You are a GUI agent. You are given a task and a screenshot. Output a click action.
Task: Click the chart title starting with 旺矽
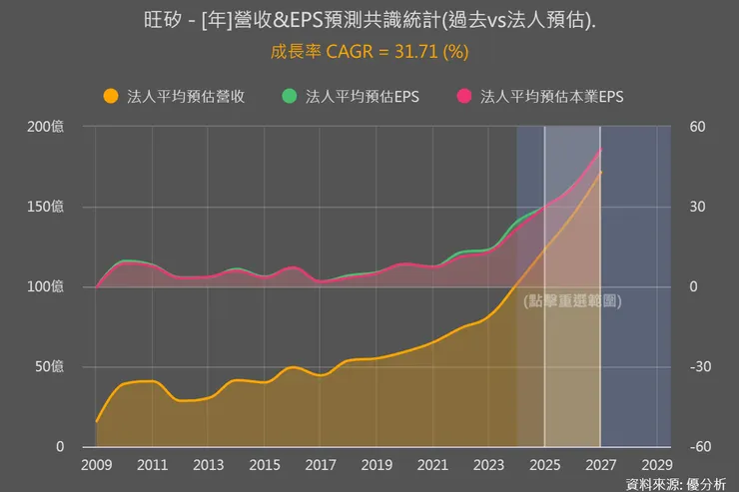point(369,21)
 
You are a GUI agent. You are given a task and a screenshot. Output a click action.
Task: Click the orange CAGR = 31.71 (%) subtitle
point(369,51)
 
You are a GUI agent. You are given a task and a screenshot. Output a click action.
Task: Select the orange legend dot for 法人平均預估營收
point(110,97)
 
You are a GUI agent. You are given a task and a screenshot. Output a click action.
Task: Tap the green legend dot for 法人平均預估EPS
point(289,97)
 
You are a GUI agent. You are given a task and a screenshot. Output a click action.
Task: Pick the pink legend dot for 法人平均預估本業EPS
point(463,97)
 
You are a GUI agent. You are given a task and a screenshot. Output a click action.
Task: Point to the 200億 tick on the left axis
point(45,128)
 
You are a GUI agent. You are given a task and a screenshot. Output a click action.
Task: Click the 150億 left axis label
point(45,208)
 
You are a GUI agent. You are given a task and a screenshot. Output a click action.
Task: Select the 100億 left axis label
point(45,287)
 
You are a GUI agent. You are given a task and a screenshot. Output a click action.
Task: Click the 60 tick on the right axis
point(697,128)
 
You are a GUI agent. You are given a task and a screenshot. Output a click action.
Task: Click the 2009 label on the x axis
point(97,465)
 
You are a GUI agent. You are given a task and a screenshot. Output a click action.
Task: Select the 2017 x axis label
point(321,465)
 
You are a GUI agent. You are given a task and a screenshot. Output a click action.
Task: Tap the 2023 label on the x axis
point(488,465)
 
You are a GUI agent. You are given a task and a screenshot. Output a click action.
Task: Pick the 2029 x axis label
point(656,465)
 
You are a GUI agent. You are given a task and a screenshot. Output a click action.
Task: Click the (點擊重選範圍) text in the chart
point(572,300)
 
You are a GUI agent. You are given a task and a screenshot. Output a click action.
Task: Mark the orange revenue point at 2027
point(600,173)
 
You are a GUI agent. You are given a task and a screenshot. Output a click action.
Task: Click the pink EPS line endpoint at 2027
point(600,150)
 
